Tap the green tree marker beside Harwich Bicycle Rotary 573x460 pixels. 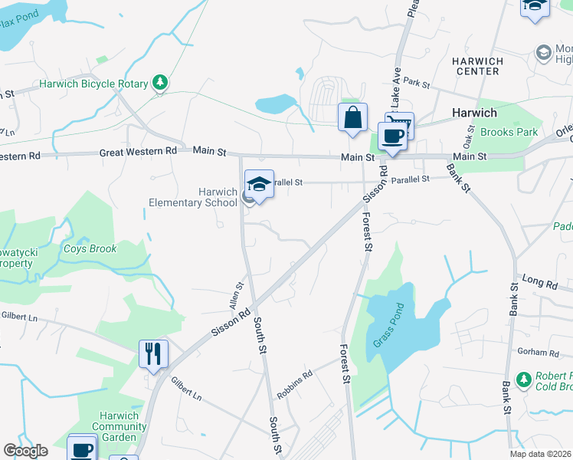coord(159,82)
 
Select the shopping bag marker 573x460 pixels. coord(352,118)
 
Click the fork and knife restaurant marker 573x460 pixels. coord(152,354)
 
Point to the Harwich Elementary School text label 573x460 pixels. coord(192,198)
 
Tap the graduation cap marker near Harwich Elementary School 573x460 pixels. coord(259,185)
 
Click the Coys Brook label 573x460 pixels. coord(90,249)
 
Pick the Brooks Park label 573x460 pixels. coord(509,132)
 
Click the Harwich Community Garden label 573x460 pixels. coord(115,426)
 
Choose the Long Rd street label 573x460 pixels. coord(540,283)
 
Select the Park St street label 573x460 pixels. coord(417,81)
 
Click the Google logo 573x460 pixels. coord(25,451)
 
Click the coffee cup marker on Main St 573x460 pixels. coord(392,136)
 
